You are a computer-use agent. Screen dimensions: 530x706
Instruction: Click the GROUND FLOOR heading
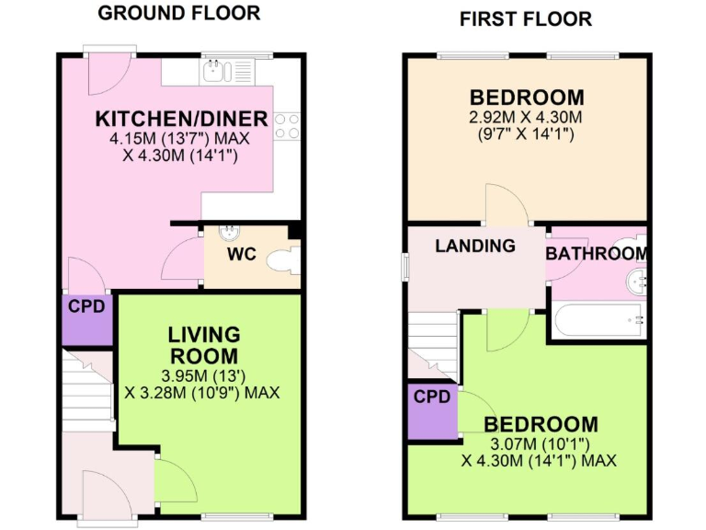pyautogui.click(x=178, y=13)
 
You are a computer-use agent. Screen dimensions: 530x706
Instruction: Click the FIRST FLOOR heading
pyautogui.click(x=525, y=18)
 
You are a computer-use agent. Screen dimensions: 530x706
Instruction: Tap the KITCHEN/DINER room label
pyautogui.click(x=182, y=119)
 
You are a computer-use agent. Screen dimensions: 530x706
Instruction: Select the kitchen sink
pyautogui.click(x=216, y=70)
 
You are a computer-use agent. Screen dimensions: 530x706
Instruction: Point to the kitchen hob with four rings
pyautogui.click(x=287, y=125)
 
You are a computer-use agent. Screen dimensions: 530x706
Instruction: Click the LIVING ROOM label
pyautogui.click(x=203, y=345)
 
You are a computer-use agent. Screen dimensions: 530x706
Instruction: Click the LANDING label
pyautogui.click(x=474, y=246)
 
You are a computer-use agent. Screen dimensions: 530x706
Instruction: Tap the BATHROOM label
pyautogui.click(x=596, y=253)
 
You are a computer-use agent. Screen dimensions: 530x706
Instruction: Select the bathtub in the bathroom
pyautogui.click(x=598, y=321)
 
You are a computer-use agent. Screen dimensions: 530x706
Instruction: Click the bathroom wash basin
pyautogui.click(x=637, y=281)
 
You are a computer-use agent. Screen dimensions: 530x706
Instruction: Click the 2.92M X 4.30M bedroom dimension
pyautogui.click(x=527, y=118)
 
